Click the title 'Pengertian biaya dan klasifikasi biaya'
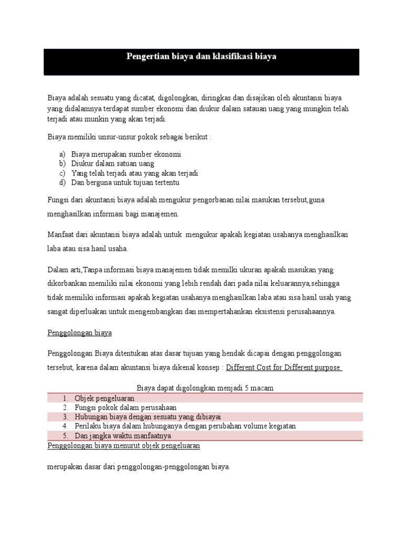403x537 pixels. click(x=201, y=56)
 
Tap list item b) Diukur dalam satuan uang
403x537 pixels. click(x=112, y=164)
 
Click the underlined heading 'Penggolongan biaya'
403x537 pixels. click(x=79, y=333)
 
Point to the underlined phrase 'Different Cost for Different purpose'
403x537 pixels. click(x=283, y=367)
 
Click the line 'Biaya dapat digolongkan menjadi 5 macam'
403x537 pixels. click(x=205, y=388)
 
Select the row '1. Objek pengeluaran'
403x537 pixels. click(x=104, y=398)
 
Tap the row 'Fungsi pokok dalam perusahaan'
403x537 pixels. click(x=125, y=407)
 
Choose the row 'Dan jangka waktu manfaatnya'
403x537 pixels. click(x=123, y=436)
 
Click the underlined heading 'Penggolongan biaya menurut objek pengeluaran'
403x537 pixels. click(x=123, y=445)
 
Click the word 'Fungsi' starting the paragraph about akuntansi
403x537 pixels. click(x=58, y=200)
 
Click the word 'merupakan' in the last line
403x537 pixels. click(x=65, y=466)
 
